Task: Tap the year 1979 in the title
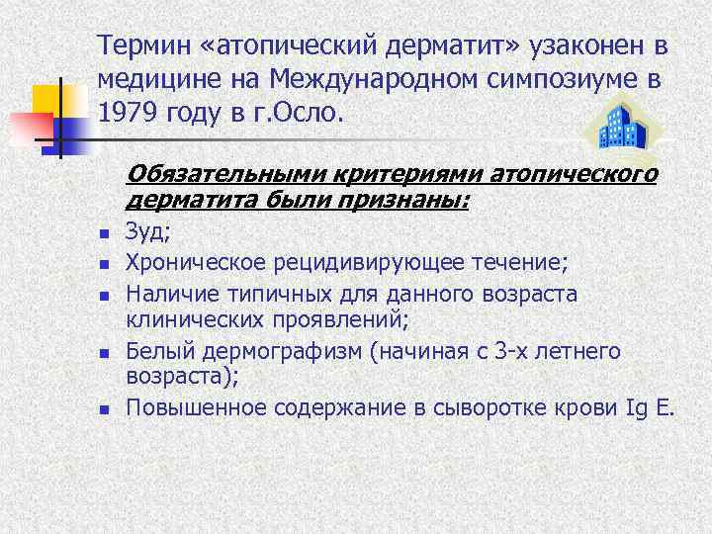click(x=127, y=112)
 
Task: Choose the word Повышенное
click(x=196, y=406)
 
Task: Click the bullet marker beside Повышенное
click(x=102, y=407)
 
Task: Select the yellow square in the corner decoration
click(x=47, y=101)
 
